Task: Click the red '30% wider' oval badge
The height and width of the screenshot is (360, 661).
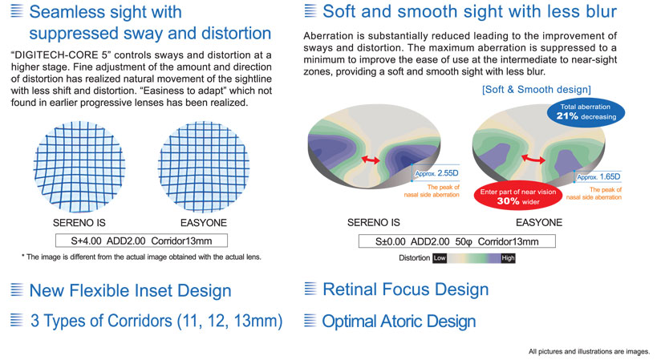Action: (x=518, y=196)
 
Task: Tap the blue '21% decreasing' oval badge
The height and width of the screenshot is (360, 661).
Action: (x=586, y=112)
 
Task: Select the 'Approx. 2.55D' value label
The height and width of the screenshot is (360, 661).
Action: (x=436, y=173)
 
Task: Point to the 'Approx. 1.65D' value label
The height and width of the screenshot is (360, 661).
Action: (x=598, y=177)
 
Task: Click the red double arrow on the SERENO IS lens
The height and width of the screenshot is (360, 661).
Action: (x=371, y=160)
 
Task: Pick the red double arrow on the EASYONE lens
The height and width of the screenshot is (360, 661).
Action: (x=533, y=159)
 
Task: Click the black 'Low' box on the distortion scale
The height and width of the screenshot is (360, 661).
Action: (x=440, y=258)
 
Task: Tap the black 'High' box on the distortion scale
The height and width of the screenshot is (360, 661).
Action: (x=508, y=258)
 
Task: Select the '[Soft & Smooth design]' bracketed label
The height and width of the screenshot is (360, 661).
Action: (x=536, y=89)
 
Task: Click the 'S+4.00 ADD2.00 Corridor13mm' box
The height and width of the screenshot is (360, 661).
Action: (x=142, y=241)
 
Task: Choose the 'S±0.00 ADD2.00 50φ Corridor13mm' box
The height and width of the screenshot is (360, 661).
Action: (x=457, y=241)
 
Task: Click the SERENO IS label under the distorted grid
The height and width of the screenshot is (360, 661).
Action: (x=79, y=223)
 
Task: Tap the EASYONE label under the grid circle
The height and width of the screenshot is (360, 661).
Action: (x=204, y=223)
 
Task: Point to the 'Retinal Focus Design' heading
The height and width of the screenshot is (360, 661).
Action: (x=406, y=289)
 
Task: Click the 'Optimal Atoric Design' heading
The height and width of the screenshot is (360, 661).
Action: (x=399, y=322)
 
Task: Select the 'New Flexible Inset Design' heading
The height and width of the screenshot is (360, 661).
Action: (x=130, y=291)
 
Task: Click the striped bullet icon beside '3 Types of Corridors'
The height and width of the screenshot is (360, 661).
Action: (x=16, y=321)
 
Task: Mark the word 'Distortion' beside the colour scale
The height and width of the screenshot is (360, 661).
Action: (x=415, y=258)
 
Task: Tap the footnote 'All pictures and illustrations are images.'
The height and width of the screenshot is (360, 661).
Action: (x=590, y=351)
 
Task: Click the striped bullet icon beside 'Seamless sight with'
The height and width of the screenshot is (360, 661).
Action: (x=16, y=10)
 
